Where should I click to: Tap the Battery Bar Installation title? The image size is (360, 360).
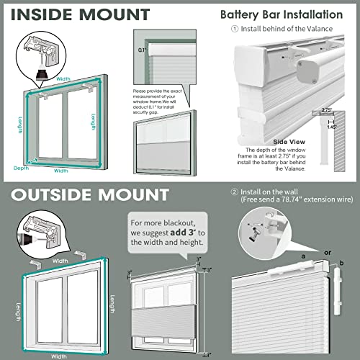click(x=292, y=14)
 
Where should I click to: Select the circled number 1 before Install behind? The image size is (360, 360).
click(x=234, y=30)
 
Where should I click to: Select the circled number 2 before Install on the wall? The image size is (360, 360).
click(x=234, y=192)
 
